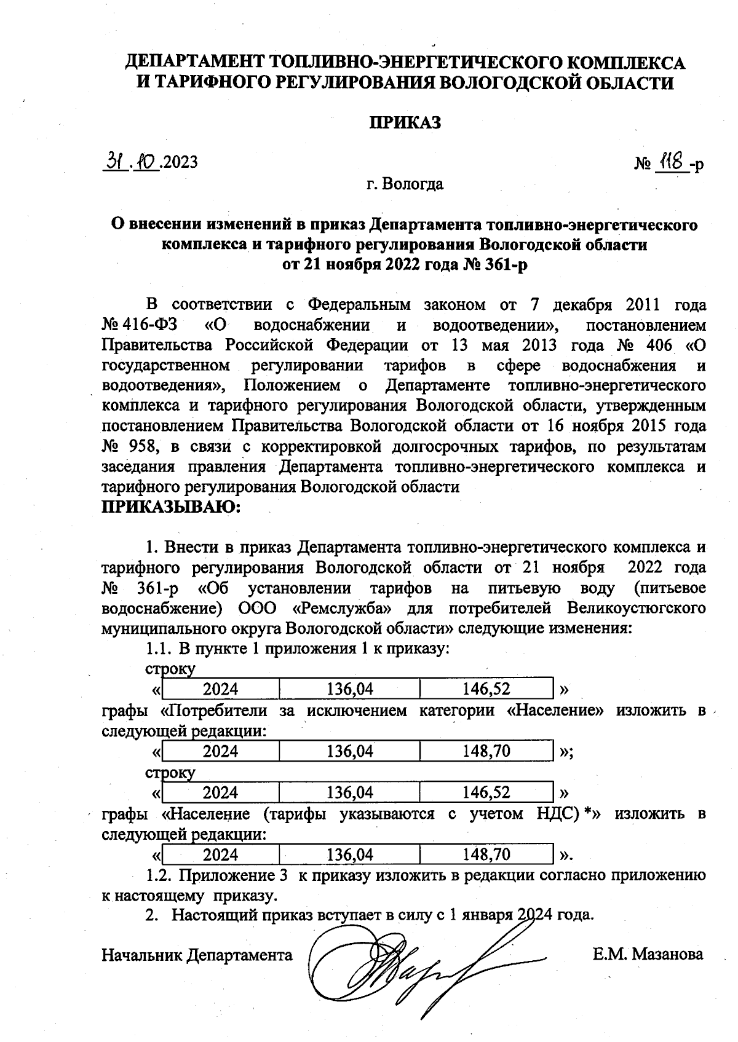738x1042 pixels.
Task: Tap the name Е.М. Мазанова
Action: [648, 955]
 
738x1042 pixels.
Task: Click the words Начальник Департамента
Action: [197, 955]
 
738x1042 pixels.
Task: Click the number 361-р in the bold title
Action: [506, 265]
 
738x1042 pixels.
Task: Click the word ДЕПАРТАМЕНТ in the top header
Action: [195, 62]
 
